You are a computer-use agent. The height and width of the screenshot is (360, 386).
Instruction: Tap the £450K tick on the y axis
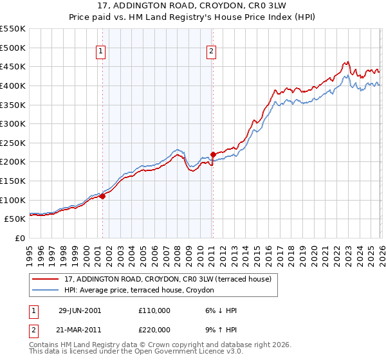click(13, 66)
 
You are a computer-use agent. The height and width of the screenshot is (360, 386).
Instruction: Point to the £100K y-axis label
click(13, 200)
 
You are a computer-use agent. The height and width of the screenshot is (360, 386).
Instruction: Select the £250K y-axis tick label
click(13, 143)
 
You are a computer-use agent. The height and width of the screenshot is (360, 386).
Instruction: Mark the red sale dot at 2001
click(102, 196)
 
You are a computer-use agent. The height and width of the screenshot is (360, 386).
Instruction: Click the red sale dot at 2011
click(213, 154)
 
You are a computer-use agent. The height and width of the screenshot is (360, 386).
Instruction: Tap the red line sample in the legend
click(46, 279)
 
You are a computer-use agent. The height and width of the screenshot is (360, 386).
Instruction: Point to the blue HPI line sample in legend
click(46, 290)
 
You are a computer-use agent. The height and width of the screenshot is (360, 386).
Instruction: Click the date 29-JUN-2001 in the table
click(80, 310)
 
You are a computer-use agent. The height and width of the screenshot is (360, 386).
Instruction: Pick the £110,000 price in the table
click(154, 310)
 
